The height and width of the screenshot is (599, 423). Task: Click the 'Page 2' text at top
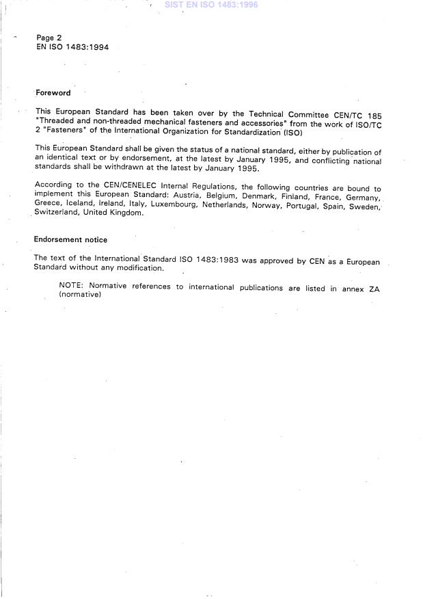(49, 38)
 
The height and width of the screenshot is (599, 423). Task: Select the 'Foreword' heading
(53, 93)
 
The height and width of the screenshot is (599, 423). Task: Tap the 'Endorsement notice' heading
(70, 240)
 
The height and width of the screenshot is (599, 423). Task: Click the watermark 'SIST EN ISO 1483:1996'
(211, 5)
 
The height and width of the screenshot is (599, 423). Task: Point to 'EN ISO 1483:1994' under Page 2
(72, 47)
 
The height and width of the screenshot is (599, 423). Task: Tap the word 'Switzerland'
(57, 213)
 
